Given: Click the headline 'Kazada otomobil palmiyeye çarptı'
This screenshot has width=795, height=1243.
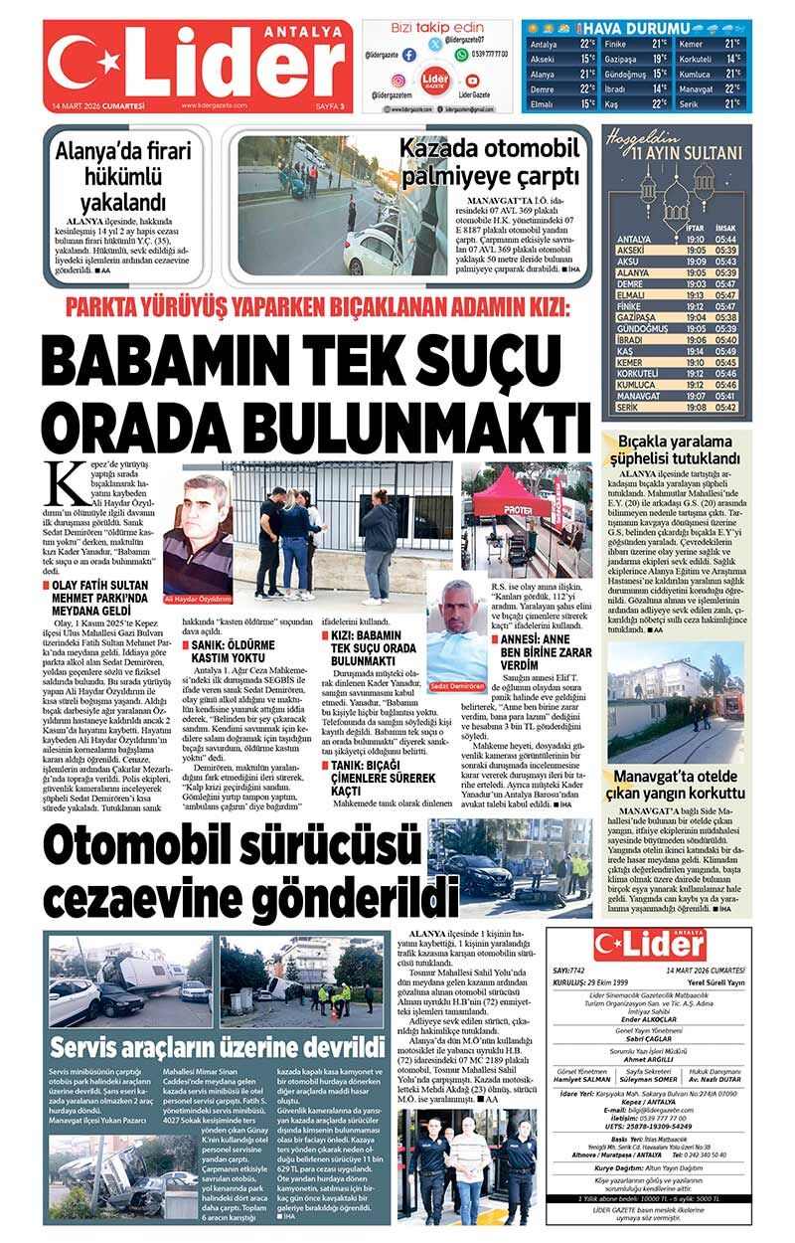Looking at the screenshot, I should pyautogui.click(x=488, y=161).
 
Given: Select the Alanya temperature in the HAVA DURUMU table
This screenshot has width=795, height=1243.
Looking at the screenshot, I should pyautogui.click(x=587, y=74).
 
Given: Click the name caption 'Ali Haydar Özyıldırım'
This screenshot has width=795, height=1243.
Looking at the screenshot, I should pyautogui.click(x=196, y=599).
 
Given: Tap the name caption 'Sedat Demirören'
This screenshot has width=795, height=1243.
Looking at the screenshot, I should pyautogui.click(x=457, y=686).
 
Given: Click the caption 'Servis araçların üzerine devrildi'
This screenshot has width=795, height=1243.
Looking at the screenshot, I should pyautogui.click(x=217, y=1046).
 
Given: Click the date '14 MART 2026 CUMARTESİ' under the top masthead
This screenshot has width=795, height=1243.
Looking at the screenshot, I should pyautogui.click(x=98, y=105).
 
